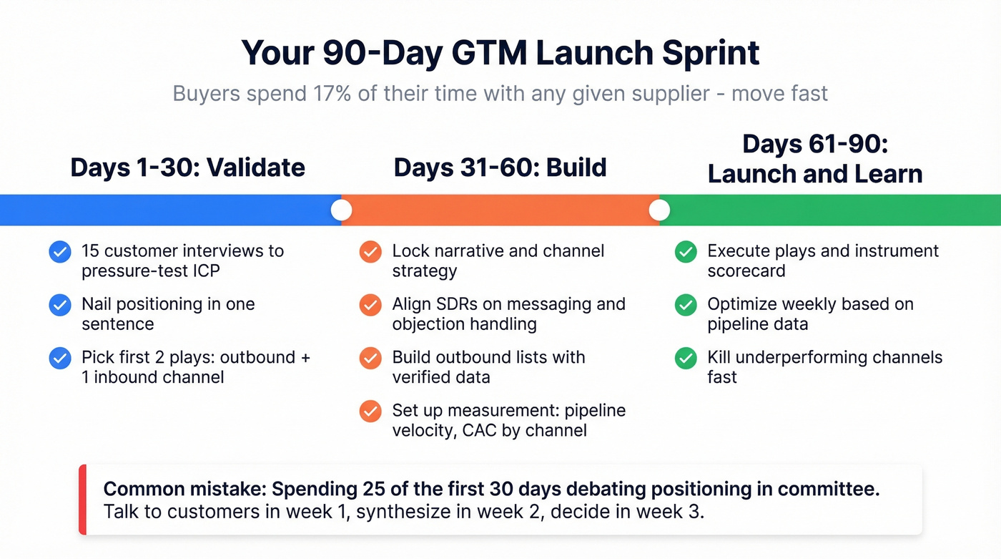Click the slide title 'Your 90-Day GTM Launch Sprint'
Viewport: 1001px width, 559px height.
tap(500, 52)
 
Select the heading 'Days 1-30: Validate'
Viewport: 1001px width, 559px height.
tap(187, 167)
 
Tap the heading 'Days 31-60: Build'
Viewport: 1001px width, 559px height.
tap(500, 167)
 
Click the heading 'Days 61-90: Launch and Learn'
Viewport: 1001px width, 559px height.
tap(814, 159)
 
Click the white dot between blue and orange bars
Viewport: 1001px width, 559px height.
tap(342, 210)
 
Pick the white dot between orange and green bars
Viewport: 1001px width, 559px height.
tap(659, 210)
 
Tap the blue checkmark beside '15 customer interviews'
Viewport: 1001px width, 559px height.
tap(59, 252)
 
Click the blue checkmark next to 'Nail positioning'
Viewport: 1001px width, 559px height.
tap(59, 305)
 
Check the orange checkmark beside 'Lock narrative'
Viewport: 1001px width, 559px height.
tap(370, 252)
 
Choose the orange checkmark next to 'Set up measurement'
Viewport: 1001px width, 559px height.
tap(370, 411)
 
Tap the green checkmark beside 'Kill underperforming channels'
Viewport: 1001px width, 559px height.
tap(686, 358)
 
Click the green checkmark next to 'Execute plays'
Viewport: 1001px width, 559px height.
tap(686, 252)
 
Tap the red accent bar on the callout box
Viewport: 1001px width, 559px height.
tap(82, 500)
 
